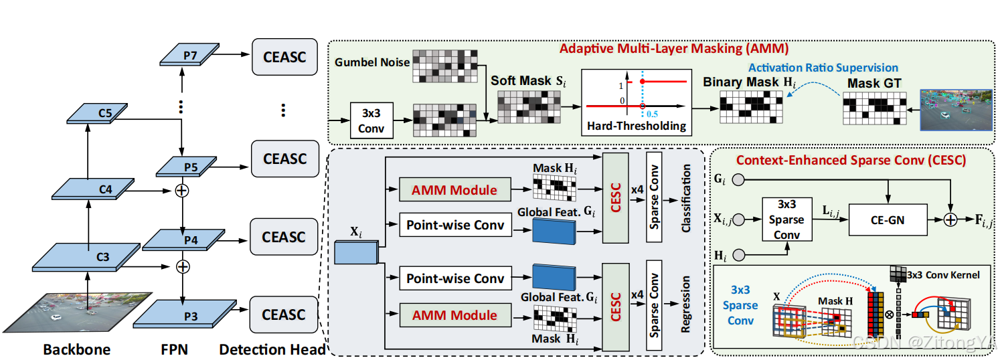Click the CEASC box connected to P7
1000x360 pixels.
pos(285,57)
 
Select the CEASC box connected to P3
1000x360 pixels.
pos(284,314)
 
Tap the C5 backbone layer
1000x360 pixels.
pos(97,113)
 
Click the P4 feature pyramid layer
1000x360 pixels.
pos(183,240)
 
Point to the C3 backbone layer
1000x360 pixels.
pos(86,257)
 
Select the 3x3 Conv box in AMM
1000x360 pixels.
pos(371,120)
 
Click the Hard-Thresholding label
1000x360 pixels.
pos(637,126)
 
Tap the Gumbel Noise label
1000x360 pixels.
pos(372,62)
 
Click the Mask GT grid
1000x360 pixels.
pos(875,108)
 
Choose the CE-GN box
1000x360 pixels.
pos(888,220)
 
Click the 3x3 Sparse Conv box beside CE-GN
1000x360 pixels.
pos(787,219)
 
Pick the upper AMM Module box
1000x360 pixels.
pos(455,190)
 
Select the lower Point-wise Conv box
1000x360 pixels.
pos(455,278)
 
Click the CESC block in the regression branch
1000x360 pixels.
pos(616,307)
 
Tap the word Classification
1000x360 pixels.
pos(685,198)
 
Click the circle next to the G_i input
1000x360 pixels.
pos(739,180)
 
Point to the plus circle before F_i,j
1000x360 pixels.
pos(950,219)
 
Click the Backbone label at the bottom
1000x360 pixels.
pos(77,349)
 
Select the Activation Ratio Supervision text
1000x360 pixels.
pos(823,68)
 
